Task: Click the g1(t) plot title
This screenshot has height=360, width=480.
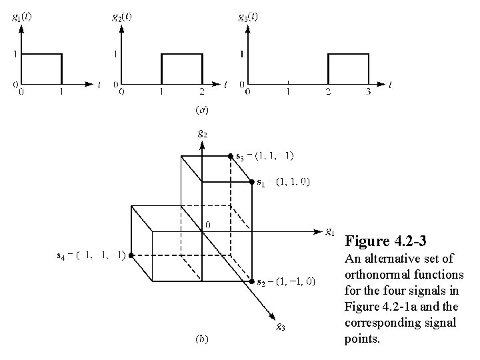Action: pyautogui.click(x=21, y=17)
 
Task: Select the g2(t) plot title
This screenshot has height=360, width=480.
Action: pyautogui.click(x=121, y=17)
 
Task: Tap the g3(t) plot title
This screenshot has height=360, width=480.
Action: pyautogui.click(x=248, y=17)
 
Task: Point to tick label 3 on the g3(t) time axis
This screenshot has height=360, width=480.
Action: pyautogui.click(x=367, y=93)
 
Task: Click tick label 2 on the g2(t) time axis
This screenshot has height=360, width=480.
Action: pyautogui.click(x=201, y=93)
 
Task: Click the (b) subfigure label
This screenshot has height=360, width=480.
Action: pyautogui.click(x=201, y=339)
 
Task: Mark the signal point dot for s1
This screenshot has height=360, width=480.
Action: pyautogui.click(x=251, y=181)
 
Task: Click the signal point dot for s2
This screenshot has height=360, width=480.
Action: pyautogui.click(x=251, y=281)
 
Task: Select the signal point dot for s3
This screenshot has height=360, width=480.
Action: pyautogui.click(x=231, y=156)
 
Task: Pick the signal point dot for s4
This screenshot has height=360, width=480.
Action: pyautogui.click(x=132, y=255)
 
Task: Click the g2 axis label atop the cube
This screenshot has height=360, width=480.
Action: pyautogui.click(x=202, y=133)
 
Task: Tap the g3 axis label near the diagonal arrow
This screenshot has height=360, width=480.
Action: pyautogui.click(x=283, y=327)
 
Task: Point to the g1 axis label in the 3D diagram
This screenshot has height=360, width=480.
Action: pyautogui.click(x=330, y=232)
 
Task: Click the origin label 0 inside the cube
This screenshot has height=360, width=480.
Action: pyautogui.click(x=208, y=225)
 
